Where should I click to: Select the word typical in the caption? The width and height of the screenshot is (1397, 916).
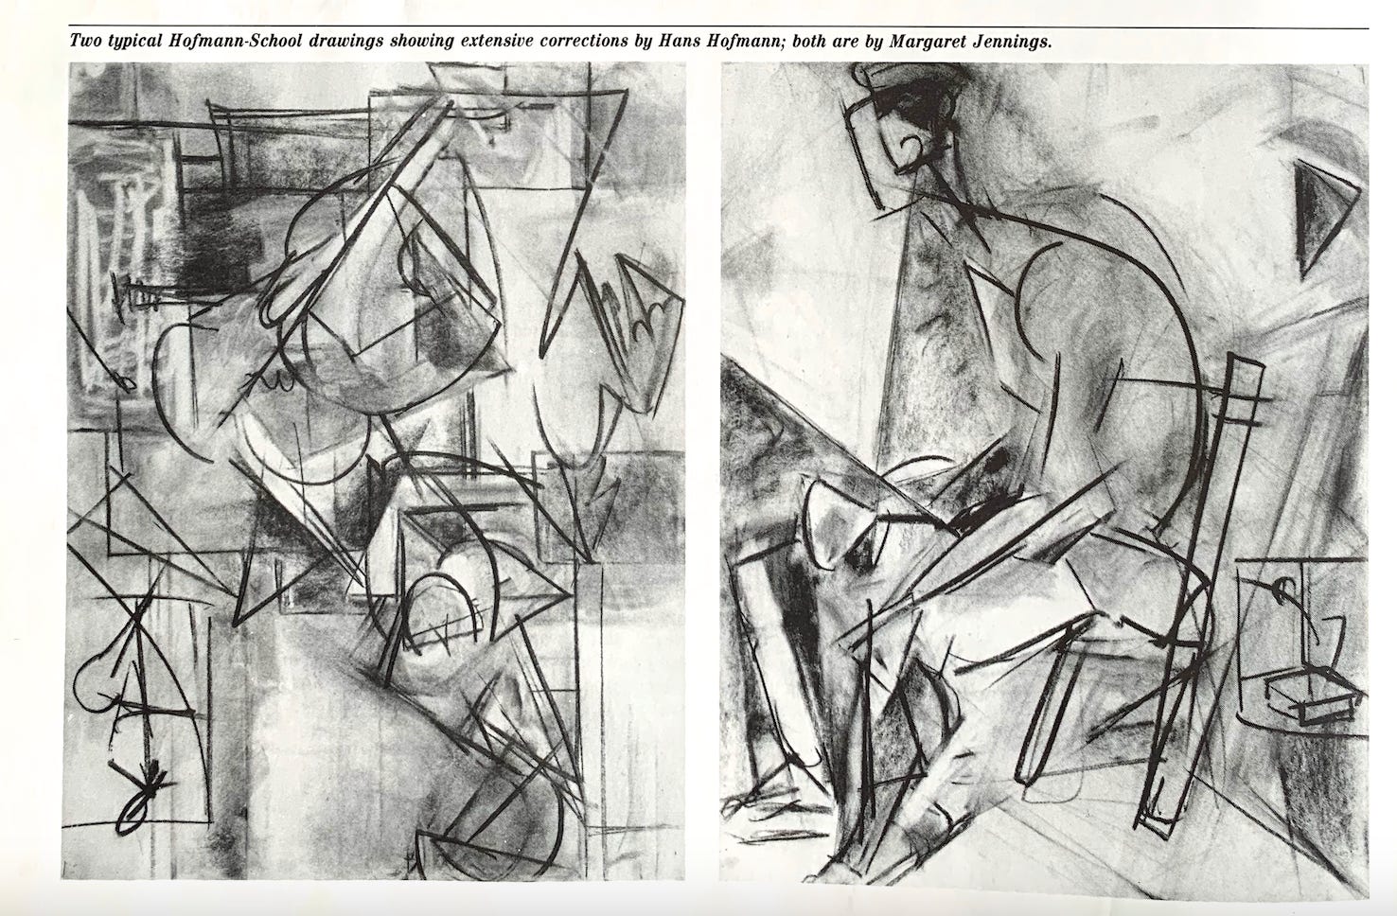click(x=132, y=43)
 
